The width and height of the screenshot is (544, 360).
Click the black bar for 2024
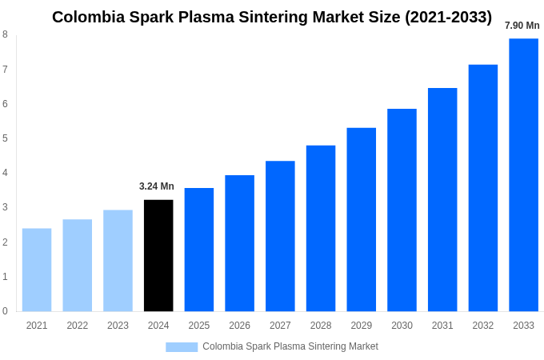[x=158, y=255]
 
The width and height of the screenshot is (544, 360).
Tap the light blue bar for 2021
[x=37, y=270]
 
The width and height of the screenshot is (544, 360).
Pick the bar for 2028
[x=321, y=228]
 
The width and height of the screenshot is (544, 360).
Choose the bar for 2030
[x=402, y=210]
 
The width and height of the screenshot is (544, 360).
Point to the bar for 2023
[x=118, y=260]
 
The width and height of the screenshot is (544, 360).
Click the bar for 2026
[x=239, y=243]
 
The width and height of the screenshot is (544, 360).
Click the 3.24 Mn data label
[x=157, y=186]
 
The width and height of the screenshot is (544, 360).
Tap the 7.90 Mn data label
[x=522, y=26]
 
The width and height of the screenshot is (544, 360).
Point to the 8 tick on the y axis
[x=5, y=34]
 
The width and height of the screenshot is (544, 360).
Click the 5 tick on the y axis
[x=5, y=138]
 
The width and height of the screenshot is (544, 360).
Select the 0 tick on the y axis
[x=5, y=311]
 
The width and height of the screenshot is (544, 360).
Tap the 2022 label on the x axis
[x=78, y=326]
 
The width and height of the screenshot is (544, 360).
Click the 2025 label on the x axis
[x=199, y=326]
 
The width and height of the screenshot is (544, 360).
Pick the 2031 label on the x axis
[x=442, y=326]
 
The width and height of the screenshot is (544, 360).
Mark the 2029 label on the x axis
[x=361, y=326]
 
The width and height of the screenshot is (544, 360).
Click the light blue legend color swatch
[x=182, y=346]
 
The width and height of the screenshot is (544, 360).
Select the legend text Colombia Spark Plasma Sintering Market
[x=290, y=346]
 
